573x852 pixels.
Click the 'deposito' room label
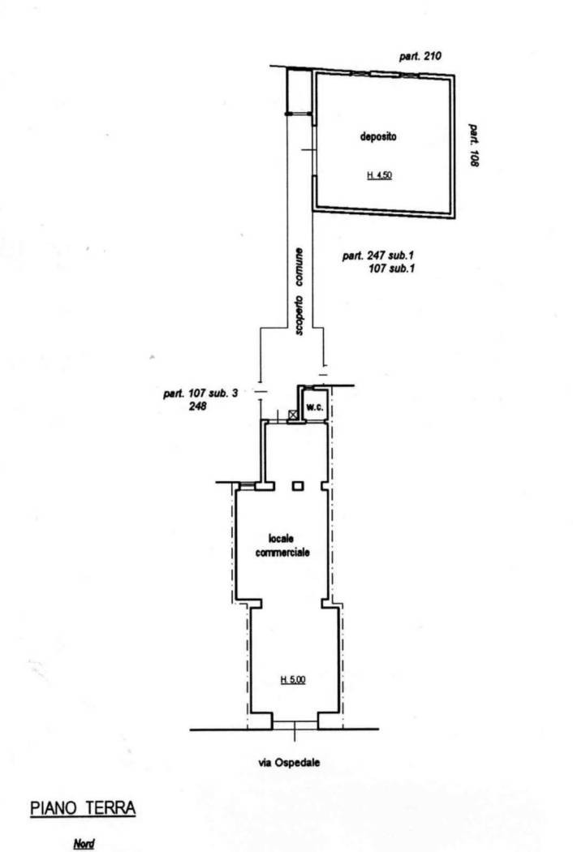(378, 136)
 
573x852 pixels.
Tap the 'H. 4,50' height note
(380, 175)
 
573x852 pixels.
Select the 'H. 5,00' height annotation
(293, 679)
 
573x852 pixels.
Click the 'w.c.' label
(314, 407)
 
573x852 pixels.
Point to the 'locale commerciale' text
(282, 545)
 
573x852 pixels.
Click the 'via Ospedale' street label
(289, 763)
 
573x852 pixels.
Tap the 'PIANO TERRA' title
(83, 808)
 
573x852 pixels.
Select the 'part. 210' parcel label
(420, 56)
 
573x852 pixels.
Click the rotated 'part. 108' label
(474, 145)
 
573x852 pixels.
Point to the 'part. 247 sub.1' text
(378, 255)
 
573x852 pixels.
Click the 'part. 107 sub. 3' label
(200, 393)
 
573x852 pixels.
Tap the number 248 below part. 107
(197, 406)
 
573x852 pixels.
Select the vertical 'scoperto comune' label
(299, 291)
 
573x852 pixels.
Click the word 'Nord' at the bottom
(84, 844)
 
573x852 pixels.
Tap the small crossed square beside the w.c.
(292, 415)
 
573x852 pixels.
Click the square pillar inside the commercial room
(297, 486)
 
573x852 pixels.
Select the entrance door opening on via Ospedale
(295, 725)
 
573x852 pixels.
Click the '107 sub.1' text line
(391, 268)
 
